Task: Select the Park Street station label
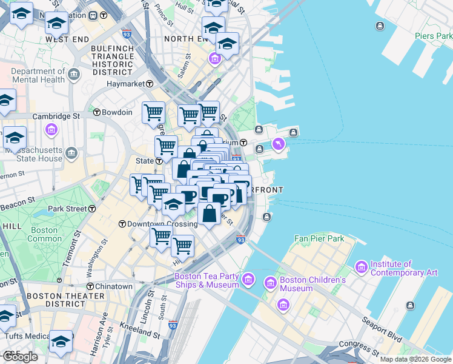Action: [x=68, y=209]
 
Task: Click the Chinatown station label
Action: [x=113, y=286]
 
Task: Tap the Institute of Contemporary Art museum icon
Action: [x=362, y=267]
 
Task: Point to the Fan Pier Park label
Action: [x=319, y=238]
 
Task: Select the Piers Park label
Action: [x=433, y=36]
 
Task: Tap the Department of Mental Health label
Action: [x=38, y=75]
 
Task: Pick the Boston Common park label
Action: [x=44, y=234]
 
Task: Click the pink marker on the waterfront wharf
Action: [x=278, y=144]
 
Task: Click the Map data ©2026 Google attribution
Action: [x=415, y=359]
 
